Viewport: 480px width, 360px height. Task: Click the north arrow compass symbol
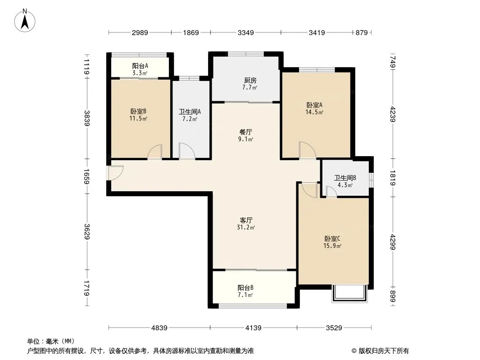[x=25, y=21]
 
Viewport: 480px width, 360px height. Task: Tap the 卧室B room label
[x=138, y=111]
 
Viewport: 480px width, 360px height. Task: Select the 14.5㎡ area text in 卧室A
[x=314, y=112]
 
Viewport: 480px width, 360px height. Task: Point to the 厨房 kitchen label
[x=250, y=81]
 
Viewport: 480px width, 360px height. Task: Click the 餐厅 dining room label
[x=246, y=132]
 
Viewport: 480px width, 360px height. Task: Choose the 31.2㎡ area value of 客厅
[x=246, y=228]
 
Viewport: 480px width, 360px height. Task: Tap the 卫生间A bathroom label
[x=190, y=112]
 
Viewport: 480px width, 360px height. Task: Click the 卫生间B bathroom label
[x=345, y=178]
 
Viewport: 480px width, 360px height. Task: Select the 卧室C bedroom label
[x=332, y=238]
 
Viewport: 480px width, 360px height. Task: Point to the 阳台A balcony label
[x=140, y=66]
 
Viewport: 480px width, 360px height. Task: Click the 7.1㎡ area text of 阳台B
[x=245, y=295]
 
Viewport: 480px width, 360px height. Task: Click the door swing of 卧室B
[x=154, y=152]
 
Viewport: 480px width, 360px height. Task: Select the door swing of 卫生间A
[x=187, y=151]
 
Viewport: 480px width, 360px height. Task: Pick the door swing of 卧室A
[x=308, y=150]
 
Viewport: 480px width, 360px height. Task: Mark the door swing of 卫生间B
[x=331, y=192]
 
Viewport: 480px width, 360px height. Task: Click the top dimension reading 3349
[x=246, y=32]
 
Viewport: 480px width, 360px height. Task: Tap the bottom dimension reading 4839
[x=159, y=328]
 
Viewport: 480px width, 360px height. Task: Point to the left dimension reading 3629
[x=87, y=232]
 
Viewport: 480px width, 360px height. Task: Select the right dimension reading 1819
[x=393, y=178]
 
